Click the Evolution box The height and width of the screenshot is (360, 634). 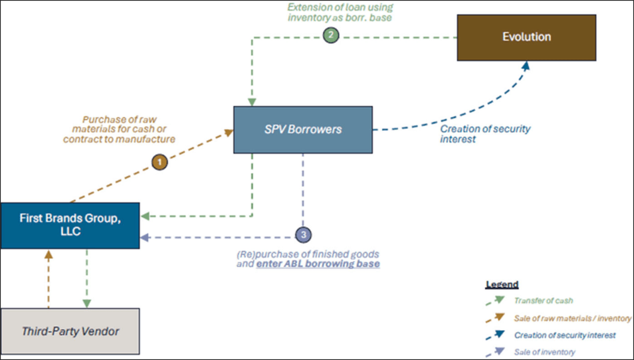(526, 37)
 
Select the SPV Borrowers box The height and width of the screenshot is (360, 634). (303, 129)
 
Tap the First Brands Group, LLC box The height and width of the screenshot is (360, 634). (70, 226)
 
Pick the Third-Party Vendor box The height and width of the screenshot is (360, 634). (70, 331)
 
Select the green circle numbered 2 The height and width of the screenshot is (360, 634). (331, 35)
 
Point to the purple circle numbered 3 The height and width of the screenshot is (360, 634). (303, 234)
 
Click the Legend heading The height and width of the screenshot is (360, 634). (502, 284)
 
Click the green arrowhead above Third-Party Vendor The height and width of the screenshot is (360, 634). (87, 303)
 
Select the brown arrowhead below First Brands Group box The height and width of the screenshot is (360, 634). (48, 254)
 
